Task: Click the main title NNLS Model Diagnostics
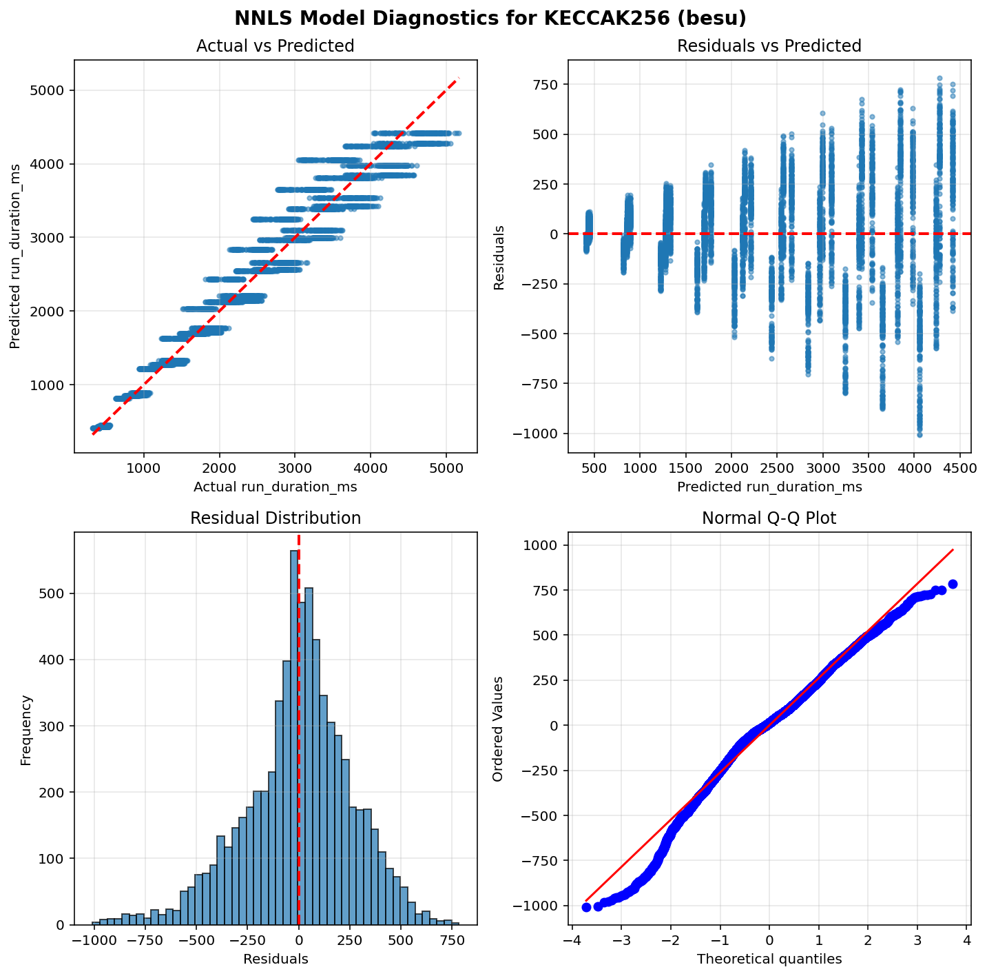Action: click(490, 18)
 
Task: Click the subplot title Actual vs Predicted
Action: click(275, 46)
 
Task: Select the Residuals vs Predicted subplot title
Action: click(769, 46)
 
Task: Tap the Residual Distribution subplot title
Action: click(275, 518)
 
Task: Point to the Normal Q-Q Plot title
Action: click(769, 518)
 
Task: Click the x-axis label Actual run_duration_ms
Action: click(275, 487)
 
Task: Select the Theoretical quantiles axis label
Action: click(769, 959)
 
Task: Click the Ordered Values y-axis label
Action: click(498, 729)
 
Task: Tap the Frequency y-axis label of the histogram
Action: click(26, 729)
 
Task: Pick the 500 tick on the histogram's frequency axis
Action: click(55, 593)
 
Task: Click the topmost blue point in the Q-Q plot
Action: click(953, 584)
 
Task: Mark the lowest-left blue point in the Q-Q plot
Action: click(586, 907)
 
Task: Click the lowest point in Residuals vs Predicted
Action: click(919, 434)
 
